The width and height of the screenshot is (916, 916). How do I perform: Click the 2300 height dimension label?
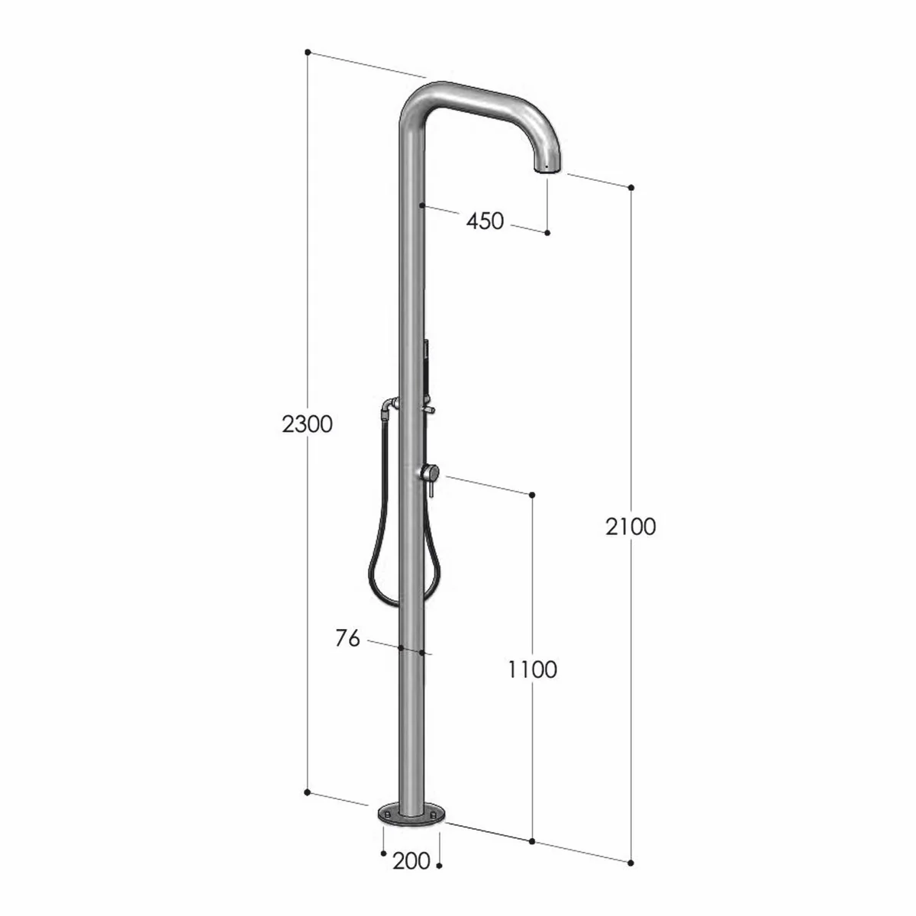307,424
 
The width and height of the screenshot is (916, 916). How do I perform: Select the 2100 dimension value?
631,526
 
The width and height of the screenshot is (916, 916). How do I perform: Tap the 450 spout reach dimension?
485,221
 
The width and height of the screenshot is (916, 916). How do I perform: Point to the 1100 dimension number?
532,669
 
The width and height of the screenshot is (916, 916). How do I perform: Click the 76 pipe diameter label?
347,638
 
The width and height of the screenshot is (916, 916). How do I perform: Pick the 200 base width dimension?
411,862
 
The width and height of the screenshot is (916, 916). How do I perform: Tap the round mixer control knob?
428,473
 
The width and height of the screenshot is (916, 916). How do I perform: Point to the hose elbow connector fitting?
390,405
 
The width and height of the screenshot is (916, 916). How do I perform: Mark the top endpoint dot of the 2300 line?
308,52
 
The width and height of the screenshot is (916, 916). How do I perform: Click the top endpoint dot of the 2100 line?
631,188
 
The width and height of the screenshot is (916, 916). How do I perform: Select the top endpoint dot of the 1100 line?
532,495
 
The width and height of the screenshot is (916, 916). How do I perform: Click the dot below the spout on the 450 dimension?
547,232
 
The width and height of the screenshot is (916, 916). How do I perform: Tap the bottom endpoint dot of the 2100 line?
631,863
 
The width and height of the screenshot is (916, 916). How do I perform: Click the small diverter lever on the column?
430,411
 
